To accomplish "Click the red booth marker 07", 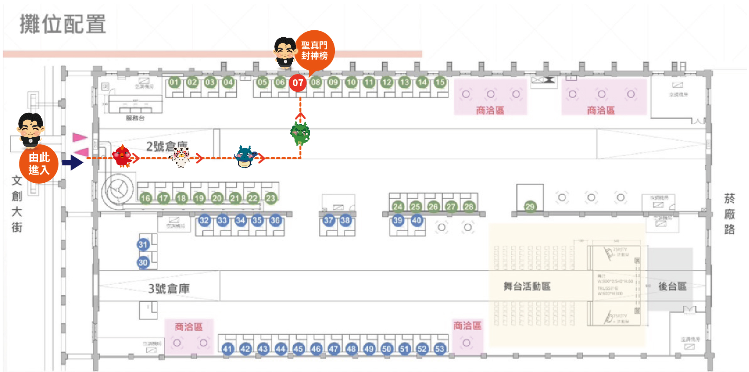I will [x=298, y=83].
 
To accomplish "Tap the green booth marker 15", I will [x=440, y=82].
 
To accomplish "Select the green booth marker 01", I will [x=174, y=82].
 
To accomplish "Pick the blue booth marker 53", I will [x=440, y=349].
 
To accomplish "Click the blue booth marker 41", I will [x=227, y=349].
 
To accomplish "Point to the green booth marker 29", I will [x=530, y=207].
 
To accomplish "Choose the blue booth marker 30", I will [x=143, y=262].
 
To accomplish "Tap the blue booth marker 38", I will [x=345, y=220].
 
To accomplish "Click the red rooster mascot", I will [x=122, y=156].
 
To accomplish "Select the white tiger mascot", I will [x=180, y=157].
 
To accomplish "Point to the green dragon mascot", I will [x=300, y=133].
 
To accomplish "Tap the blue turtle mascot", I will [x=245, y=157].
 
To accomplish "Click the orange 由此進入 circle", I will [x=39, y=164].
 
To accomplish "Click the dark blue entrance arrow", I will [x=72, y=163].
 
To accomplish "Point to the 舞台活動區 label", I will [x=527, y=286].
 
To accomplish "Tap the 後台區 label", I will [x=672, y=286].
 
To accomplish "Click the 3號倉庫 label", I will [x=169, y=288].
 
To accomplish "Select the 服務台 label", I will [x=135, y=118].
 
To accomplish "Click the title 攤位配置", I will [x=63, y=24].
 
